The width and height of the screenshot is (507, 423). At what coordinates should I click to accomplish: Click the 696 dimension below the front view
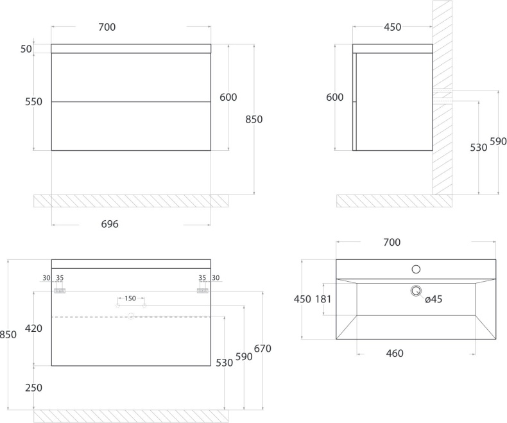(x=110, y=224)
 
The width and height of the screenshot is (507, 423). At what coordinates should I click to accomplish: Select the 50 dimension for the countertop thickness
(x=26, y=49)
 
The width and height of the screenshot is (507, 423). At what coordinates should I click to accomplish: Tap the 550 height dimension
(x=33, y=102)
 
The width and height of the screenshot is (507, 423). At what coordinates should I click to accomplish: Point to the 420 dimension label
(x=33, y=329)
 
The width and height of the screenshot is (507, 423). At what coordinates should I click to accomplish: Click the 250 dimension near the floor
(x=33, y=388)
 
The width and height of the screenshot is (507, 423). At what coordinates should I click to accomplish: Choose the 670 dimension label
(x=262, y=349)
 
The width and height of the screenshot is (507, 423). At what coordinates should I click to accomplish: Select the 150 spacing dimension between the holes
(x=130, y=298)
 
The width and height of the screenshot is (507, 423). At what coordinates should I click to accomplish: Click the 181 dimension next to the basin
(x=323, y=299)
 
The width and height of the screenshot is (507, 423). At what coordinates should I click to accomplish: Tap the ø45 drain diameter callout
(x=433, y=299)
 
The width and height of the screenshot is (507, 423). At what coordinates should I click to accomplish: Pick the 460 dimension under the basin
(x=395, y=353)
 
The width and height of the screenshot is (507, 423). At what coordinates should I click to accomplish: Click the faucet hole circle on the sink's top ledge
(x=416, y=269)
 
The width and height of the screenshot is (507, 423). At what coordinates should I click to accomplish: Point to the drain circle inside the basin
(x=416, y=291)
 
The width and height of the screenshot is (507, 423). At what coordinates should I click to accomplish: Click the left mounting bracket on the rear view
(x=60, y=291)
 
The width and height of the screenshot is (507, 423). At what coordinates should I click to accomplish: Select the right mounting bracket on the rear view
(x=203, y=291)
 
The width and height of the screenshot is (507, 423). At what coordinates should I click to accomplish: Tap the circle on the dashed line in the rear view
(x=131, y=316)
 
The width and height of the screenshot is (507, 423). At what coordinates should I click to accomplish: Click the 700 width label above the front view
(x=107, y=27)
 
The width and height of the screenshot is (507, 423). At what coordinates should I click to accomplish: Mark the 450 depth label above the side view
(x=393, y=27)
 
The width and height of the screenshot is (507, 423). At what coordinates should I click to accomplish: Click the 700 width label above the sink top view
(x=392, y=242)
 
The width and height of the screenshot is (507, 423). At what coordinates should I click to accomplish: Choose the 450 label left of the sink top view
(x=302, y=299)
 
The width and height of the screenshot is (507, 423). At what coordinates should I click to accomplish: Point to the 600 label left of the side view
(x=334, y=97)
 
